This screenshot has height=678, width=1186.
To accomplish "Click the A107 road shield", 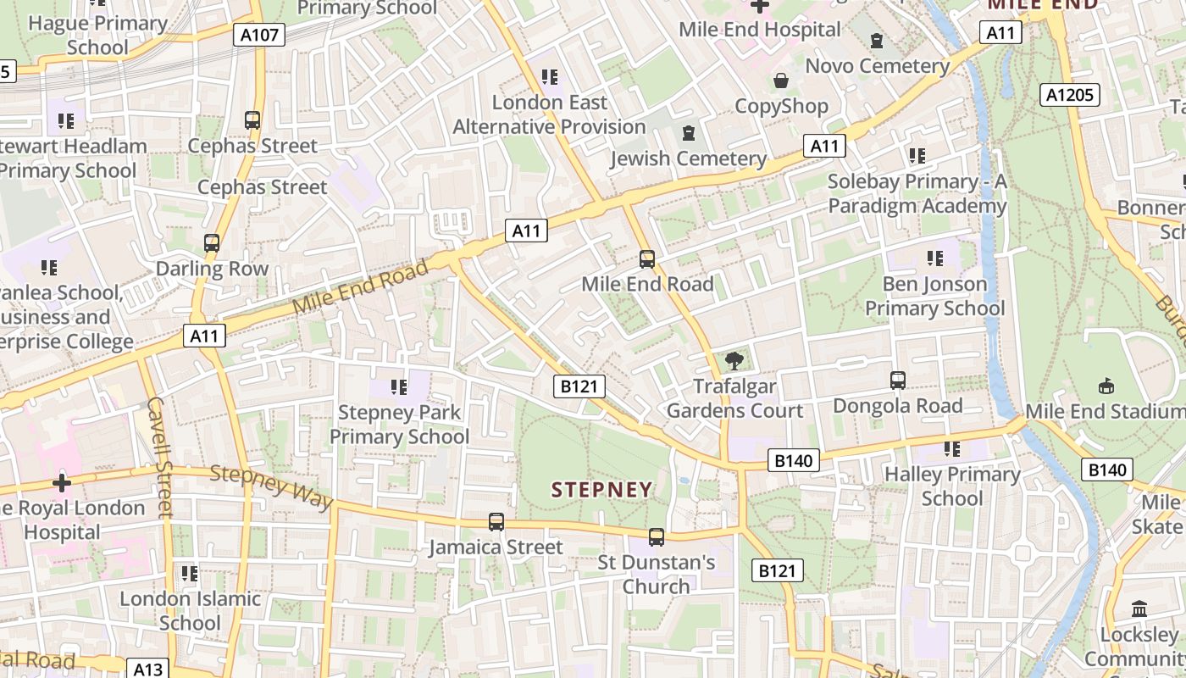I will [x=258, y=35].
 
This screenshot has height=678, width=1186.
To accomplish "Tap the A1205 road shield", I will [x=1070, y=95].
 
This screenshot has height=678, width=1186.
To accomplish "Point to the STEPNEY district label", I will [x=602, y=489].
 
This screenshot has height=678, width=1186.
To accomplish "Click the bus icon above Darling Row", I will [x=212, y=243].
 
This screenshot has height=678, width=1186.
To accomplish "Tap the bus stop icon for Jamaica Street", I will [x=496, y=522].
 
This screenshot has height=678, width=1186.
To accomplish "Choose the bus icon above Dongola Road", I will [x=898, y=381].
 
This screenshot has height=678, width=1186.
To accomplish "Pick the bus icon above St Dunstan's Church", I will [x=657, y=536].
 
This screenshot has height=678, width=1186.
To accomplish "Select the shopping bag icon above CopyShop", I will [x=781, y=81].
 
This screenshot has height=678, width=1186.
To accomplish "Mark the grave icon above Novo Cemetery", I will [x=877, y=41].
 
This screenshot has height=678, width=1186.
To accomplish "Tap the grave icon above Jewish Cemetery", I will [x=689, y=133].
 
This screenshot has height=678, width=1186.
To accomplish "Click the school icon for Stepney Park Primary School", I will [x=399, y=387].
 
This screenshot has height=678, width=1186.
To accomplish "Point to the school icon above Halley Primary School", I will [x=952, y=449].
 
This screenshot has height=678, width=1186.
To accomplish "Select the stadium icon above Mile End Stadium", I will [x=1106, y=386].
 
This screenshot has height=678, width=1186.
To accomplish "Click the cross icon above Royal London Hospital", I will [x=62, y=483].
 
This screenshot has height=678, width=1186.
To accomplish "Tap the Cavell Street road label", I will [x=159, y=457].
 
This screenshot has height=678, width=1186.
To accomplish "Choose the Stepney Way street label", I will [x=271, y=486].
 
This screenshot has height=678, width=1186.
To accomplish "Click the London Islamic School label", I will [x=190, y=610].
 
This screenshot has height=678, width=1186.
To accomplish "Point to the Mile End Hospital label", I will [x=760, y=30].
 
